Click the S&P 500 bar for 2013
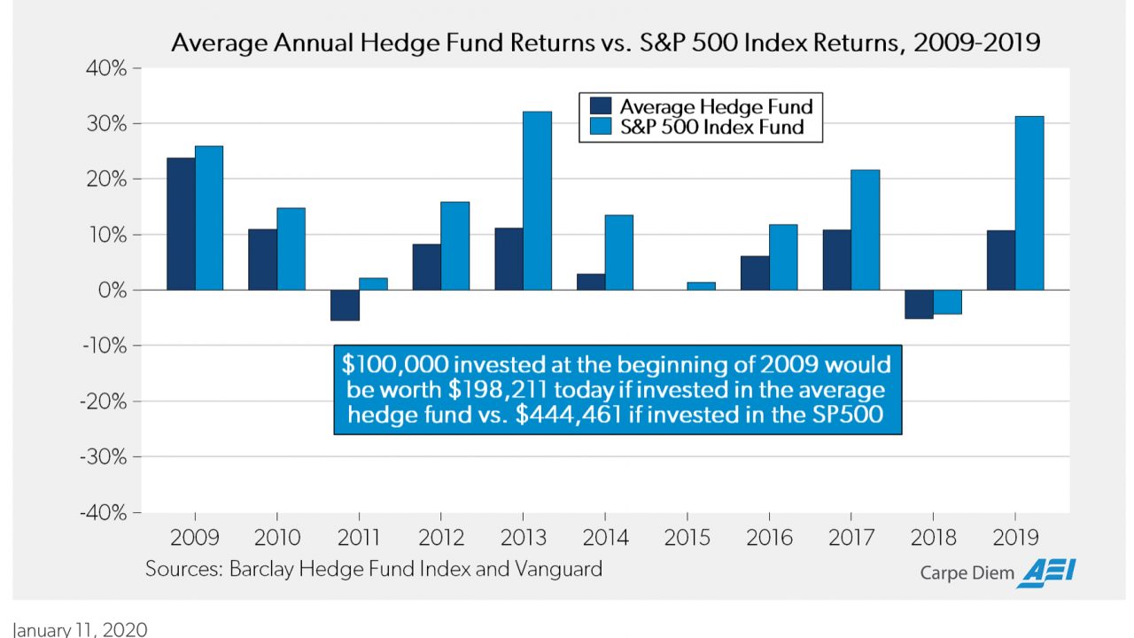click(537, 200)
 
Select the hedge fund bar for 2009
click(181, 224)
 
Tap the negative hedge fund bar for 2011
click(345, 306)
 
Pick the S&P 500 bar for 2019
click(1029, 203)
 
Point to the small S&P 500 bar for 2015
click(701, 286)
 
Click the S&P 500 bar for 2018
click(947, 302)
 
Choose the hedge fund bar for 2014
click(591, 282)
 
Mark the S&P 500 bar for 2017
click(866, 230)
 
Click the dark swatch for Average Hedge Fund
click(601, 105)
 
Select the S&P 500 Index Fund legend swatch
click(601, 126)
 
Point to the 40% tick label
click(106, 68)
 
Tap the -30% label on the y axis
click(104, 457)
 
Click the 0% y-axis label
click(113, 291)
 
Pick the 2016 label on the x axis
click(769, 538)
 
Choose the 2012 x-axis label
click(441, 538)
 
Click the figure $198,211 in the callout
click(498, 389)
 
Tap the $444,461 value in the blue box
click(569, 415)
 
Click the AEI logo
click(1046, 573)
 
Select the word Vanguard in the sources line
click(558, 569)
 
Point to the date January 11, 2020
click(80, 629)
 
